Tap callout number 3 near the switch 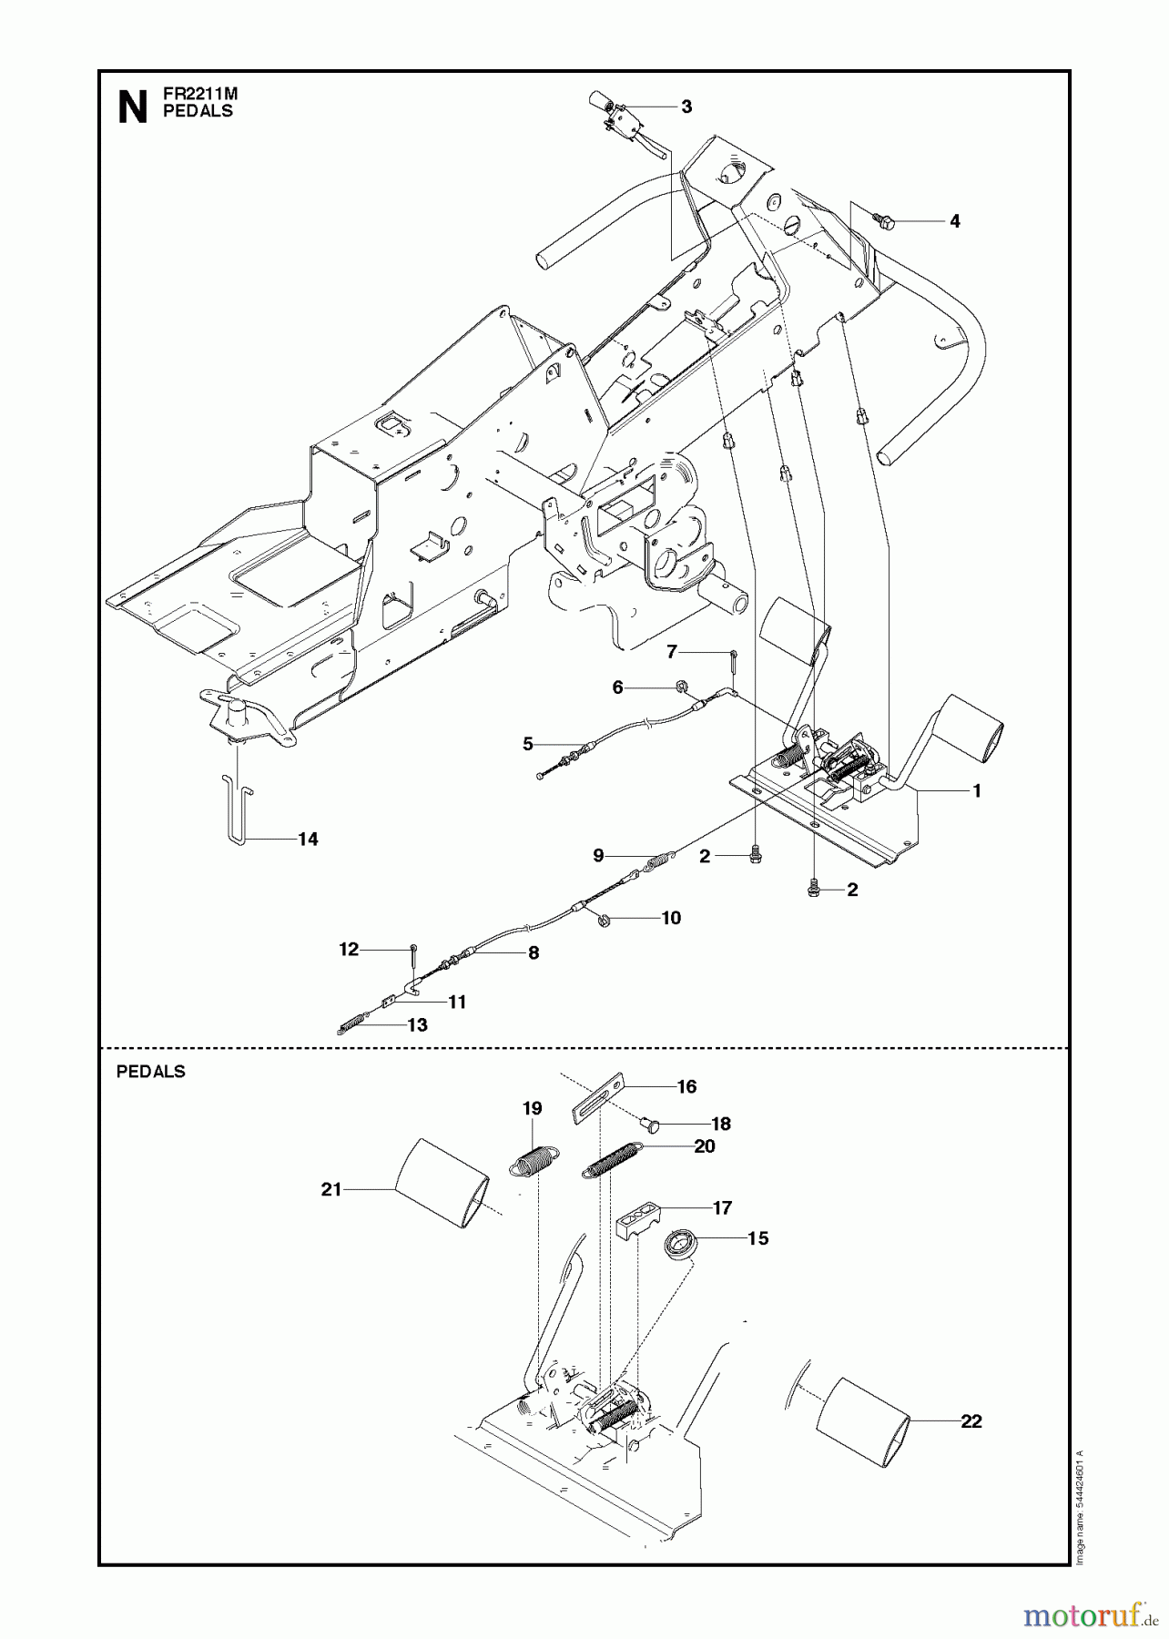click(x=686, y=107)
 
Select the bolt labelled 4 click(x=882, y=219)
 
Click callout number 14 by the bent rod click(x=308, y=839)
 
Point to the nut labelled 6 click(x=681, y=686)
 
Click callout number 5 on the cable click(x=528, y=744)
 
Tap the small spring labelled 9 click(x=660, y=859)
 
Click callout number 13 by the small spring click(x=417, y=1024)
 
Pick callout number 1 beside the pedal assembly click(x=977, y=791)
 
